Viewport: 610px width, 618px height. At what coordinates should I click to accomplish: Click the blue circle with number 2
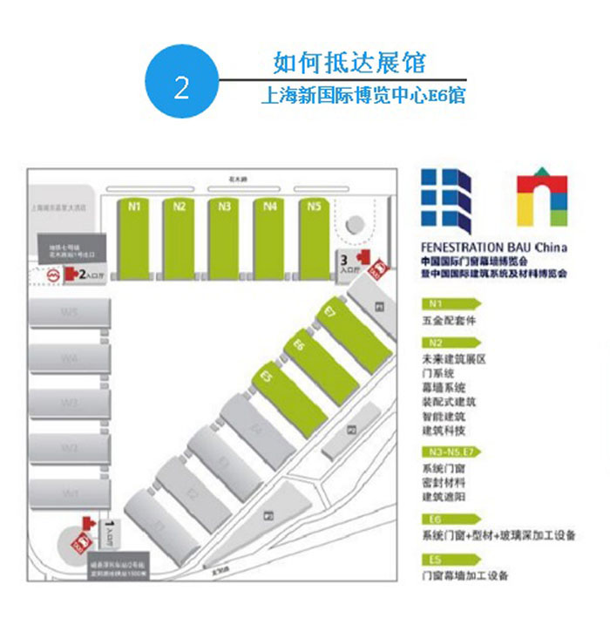(180, 88)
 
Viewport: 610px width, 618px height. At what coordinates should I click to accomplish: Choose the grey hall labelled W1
(70, 493)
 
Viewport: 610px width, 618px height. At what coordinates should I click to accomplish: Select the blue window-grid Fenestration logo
(446, 200)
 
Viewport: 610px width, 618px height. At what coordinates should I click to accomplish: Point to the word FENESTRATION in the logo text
(461, 248)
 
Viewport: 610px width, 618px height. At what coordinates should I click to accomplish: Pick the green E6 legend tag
(446, 520)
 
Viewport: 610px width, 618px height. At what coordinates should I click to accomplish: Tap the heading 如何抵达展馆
(349, 63)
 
